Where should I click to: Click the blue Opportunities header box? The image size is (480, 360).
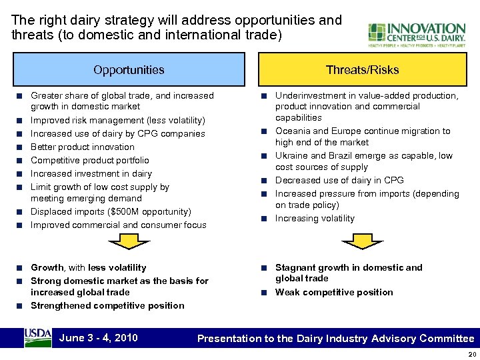tap(129, 69)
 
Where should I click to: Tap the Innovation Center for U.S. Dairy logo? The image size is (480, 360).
tap(417, 35)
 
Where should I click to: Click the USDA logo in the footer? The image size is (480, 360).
tap(37, 337)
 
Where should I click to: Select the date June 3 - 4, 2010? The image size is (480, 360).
tap(99, 337)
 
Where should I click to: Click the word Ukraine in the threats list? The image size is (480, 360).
tap(291, 155)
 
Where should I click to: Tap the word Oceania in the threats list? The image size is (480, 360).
tap(293, 131)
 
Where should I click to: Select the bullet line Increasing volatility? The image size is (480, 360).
tap(315, 218)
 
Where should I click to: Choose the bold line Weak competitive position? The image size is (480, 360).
tap(334, 292)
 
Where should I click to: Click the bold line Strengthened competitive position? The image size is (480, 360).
tap(107, 305)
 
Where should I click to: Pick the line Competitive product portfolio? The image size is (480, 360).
tap(90, 160)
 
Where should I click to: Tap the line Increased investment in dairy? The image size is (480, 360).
tap(91, 173)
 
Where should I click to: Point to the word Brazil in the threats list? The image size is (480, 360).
tap(343, 155)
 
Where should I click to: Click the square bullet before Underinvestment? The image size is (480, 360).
tap(265, 96)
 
